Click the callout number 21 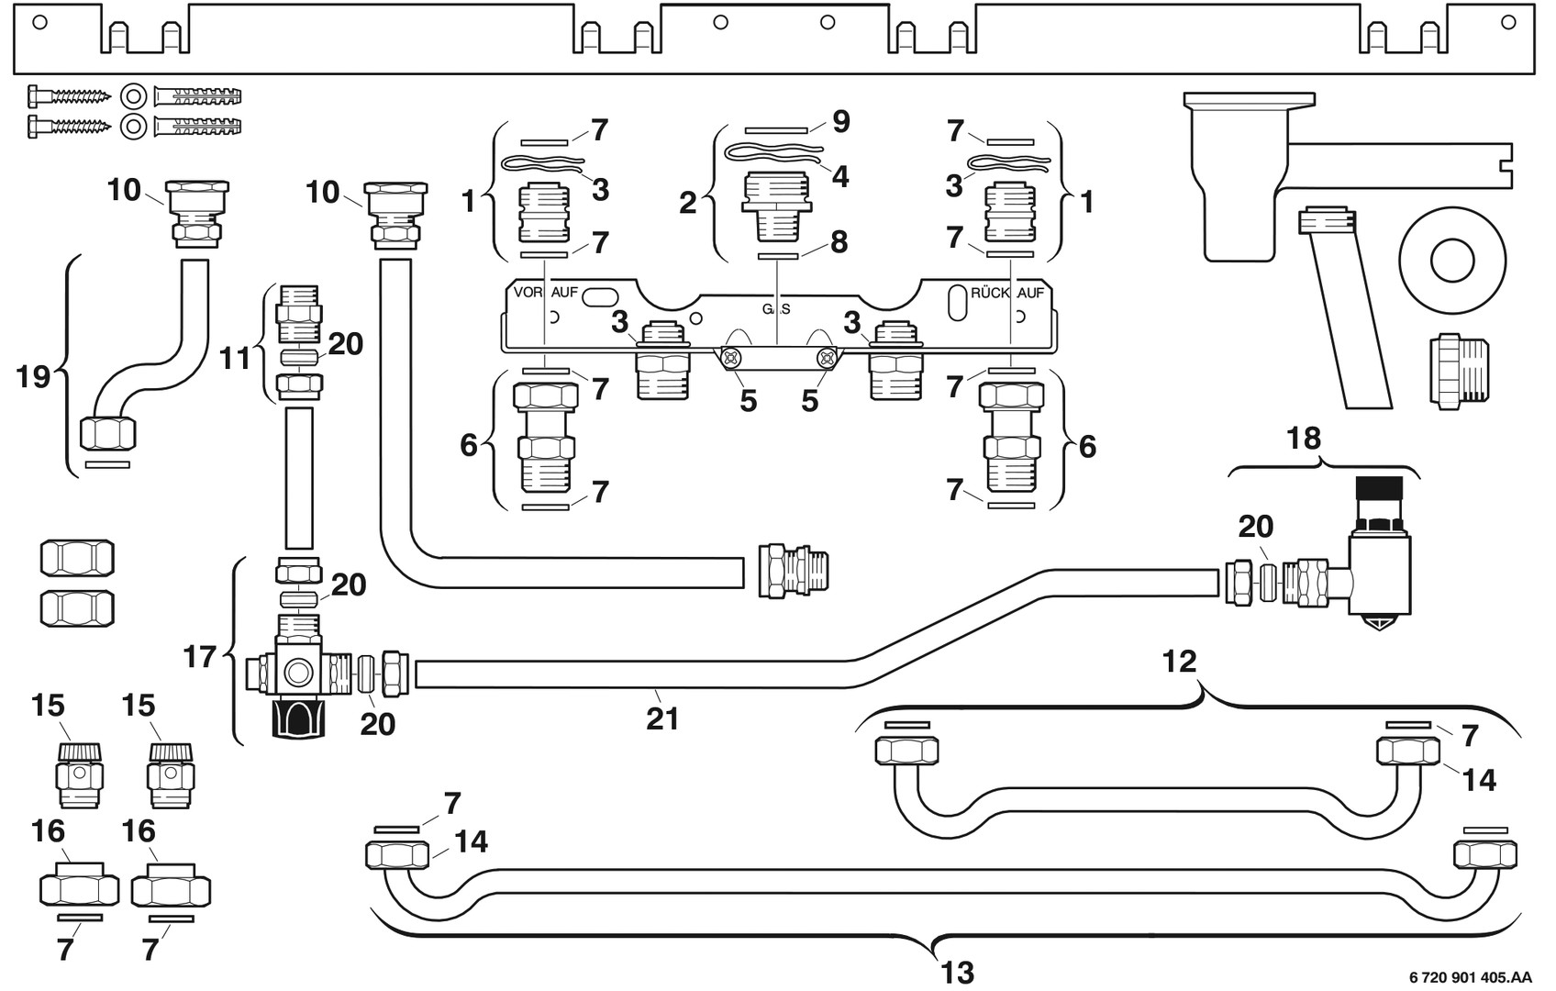pos(662,718)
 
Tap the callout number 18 pos(1304,439)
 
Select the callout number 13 pos(958,972)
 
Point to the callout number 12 pos(1180,661)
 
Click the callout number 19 pos(34,376)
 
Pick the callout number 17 pos(200,657)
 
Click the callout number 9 pos(840,122)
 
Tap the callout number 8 pos(839,242)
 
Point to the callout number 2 pos(688,203)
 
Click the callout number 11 pos(236,358)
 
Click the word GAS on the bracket pos(776,309)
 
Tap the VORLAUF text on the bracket pos(546,293)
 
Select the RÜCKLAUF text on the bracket pos(1007,294)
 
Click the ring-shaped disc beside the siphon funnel pos(1452,258)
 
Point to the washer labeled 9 pos(776,130)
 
